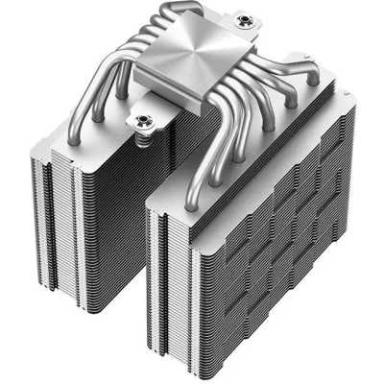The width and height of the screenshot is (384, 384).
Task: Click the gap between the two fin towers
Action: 144,230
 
